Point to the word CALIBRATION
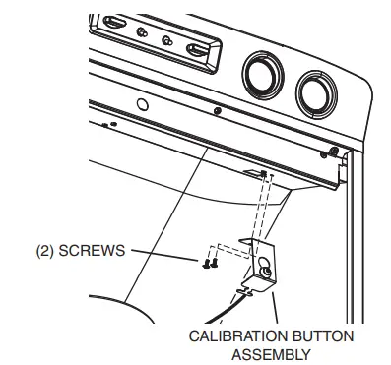click(x=228, y=335)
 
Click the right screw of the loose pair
click(x=211, y=261)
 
